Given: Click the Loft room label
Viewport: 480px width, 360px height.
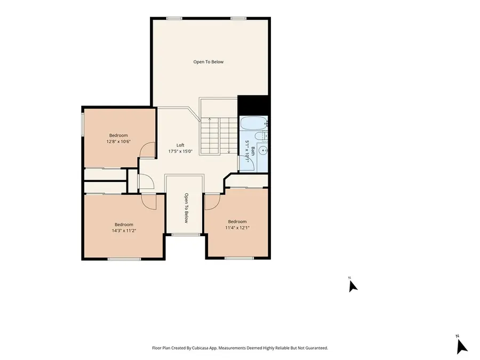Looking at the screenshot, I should pyautogui.click(x=181, y=145).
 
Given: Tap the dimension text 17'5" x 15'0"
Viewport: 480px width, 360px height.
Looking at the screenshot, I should pyautogui.click(x=181, y=151).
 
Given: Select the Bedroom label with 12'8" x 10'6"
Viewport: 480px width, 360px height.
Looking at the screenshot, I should pyautogui.click(x=119, y=135).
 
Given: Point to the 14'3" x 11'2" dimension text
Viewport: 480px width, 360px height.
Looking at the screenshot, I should pyautogui.click(x=124, y=231).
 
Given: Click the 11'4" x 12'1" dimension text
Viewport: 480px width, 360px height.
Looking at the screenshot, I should pyautogui.click(x=237, y=228).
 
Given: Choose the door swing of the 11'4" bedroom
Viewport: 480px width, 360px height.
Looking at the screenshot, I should pyautogui.click(x=212, y=202).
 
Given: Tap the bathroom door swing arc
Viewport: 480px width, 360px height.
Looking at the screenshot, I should pyautogui.click(x=249, y=163).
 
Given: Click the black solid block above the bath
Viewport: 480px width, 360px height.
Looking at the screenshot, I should pyautogui.click(x=252, y=105).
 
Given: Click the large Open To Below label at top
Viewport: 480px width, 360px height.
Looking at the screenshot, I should pyautogui.click(x=209, y=62).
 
